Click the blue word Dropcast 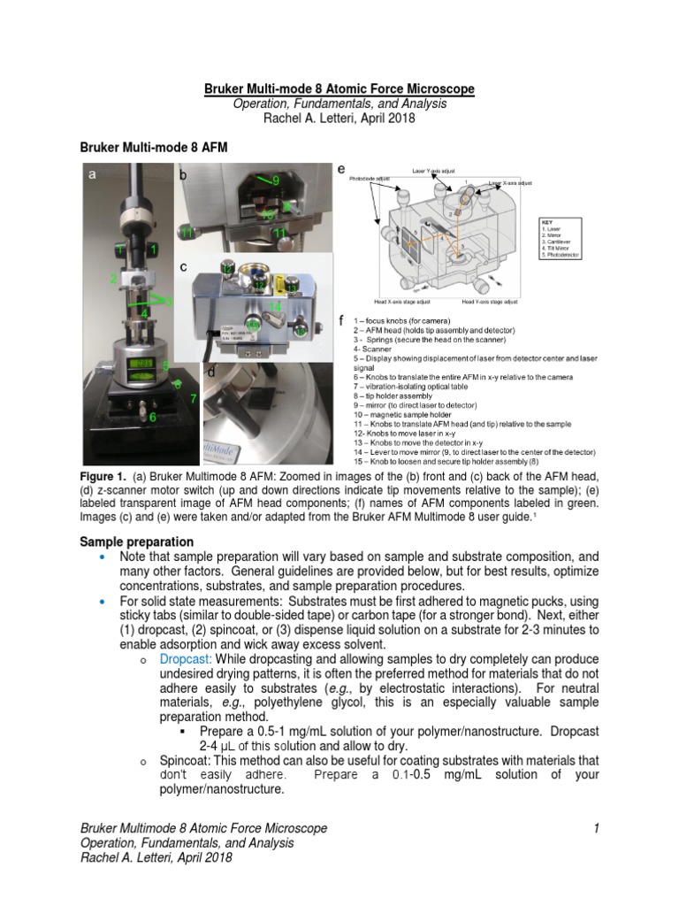187,659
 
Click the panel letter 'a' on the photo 92,175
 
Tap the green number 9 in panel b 276,180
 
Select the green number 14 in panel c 275,306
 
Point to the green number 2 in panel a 113,279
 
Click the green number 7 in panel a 193,398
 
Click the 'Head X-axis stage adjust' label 384,303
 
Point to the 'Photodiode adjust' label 370,178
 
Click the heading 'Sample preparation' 137,541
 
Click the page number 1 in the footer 597,827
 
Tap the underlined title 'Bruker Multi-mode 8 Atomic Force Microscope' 339,89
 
